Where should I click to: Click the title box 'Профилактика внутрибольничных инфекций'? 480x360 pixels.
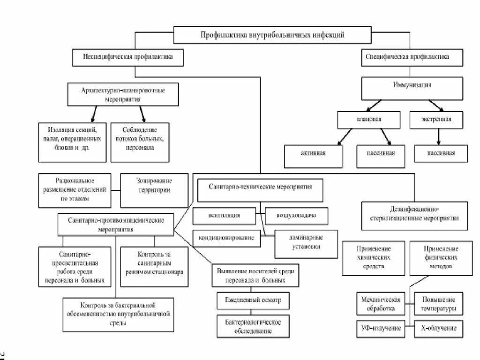(x=272, y=35)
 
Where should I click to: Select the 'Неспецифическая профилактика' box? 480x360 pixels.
(x=127, y=57)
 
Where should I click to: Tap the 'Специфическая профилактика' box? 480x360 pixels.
(x=407, y=57)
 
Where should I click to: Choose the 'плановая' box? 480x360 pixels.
(x=368, y=120)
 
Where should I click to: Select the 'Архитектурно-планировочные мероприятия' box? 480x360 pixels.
(x=123, y=94)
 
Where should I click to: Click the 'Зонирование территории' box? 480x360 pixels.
(x=154, y=190)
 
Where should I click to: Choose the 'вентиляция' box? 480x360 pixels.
(x=224, y=216)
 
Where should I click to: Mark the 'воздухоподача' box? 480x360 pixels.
(x=296, y=216)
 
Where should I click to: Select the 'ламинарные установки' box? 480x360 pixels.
(x=305, y=244)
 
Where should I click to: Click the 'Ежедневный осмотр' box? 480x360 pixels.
(x=253, y=300)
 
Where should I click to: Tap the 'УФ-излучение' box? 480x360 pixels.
(x=381, y=328)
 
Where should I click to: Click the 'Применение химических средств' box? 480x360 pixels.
(x=373, y=257)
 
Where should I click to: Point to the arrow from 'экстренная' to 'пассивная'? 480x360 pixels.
(x=439, y=136)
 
